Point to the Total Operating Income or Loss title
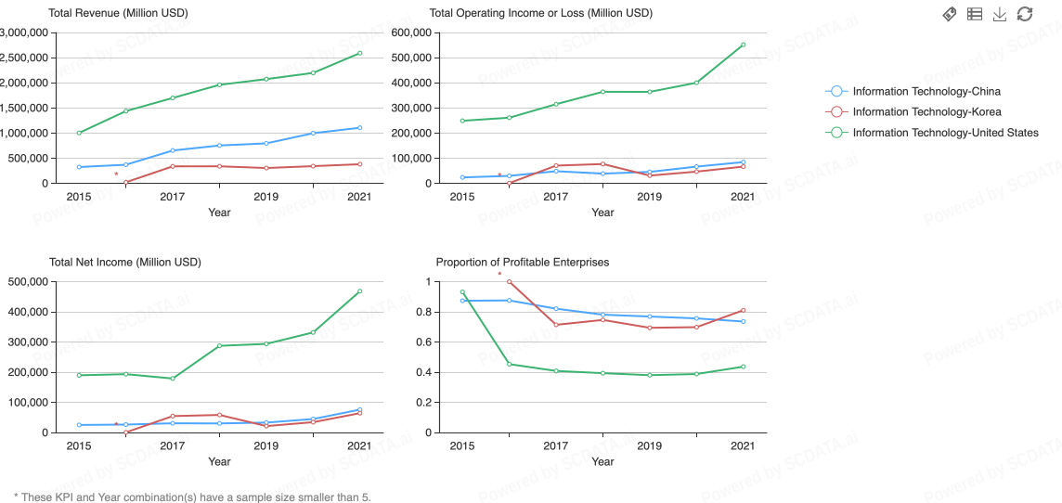540,13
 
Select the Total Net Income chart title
124,262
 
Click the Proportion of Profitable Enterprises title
522,262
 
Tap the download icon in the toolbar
1000,14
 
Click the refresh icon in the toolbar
1025,14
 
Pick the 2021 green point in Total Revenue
359,53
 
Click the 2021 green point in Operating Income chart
743,45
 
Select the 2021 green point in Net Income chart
359,291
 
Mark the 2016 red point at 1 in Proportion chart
509,281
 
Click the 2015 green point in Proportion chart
462,292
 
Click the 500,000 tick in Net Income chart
28,281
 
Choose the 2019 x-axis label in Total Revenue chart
265,197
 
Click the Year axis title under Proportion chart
602,461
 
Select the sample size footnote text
192,497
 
